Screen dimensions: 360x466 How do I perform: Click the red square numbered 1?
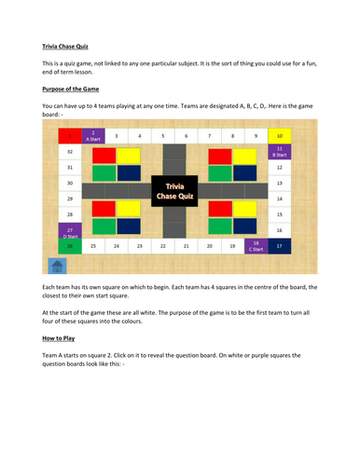[69, 136]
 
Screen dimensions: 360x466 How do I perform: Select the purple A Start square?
[93, 136]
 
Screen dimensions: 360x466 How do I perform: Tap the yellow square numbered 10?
[281, 136]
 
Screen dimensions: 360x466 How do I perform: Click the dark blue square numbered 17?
[281, 246]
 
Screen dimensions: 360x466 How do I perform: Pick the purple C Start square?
[256, 246]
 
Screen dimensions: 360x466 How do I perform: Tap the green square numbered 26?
[69, 246]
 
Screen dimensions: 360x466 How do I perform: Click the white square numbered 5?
[163, 136]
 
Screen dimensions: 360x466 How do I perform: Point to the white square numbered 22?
[163, 246]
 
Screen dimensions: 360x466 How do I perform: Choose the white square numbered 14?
[281, 199]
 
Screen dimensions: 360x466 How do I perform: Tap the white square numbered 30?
[69, 183]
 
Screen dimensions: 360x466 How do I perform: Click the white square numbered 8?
[233, 136]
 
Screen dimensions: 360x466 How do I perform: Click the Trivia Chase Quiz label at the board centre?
[175, 191]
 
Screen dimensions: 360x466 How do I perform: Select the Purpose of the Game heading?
[77, 90]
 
